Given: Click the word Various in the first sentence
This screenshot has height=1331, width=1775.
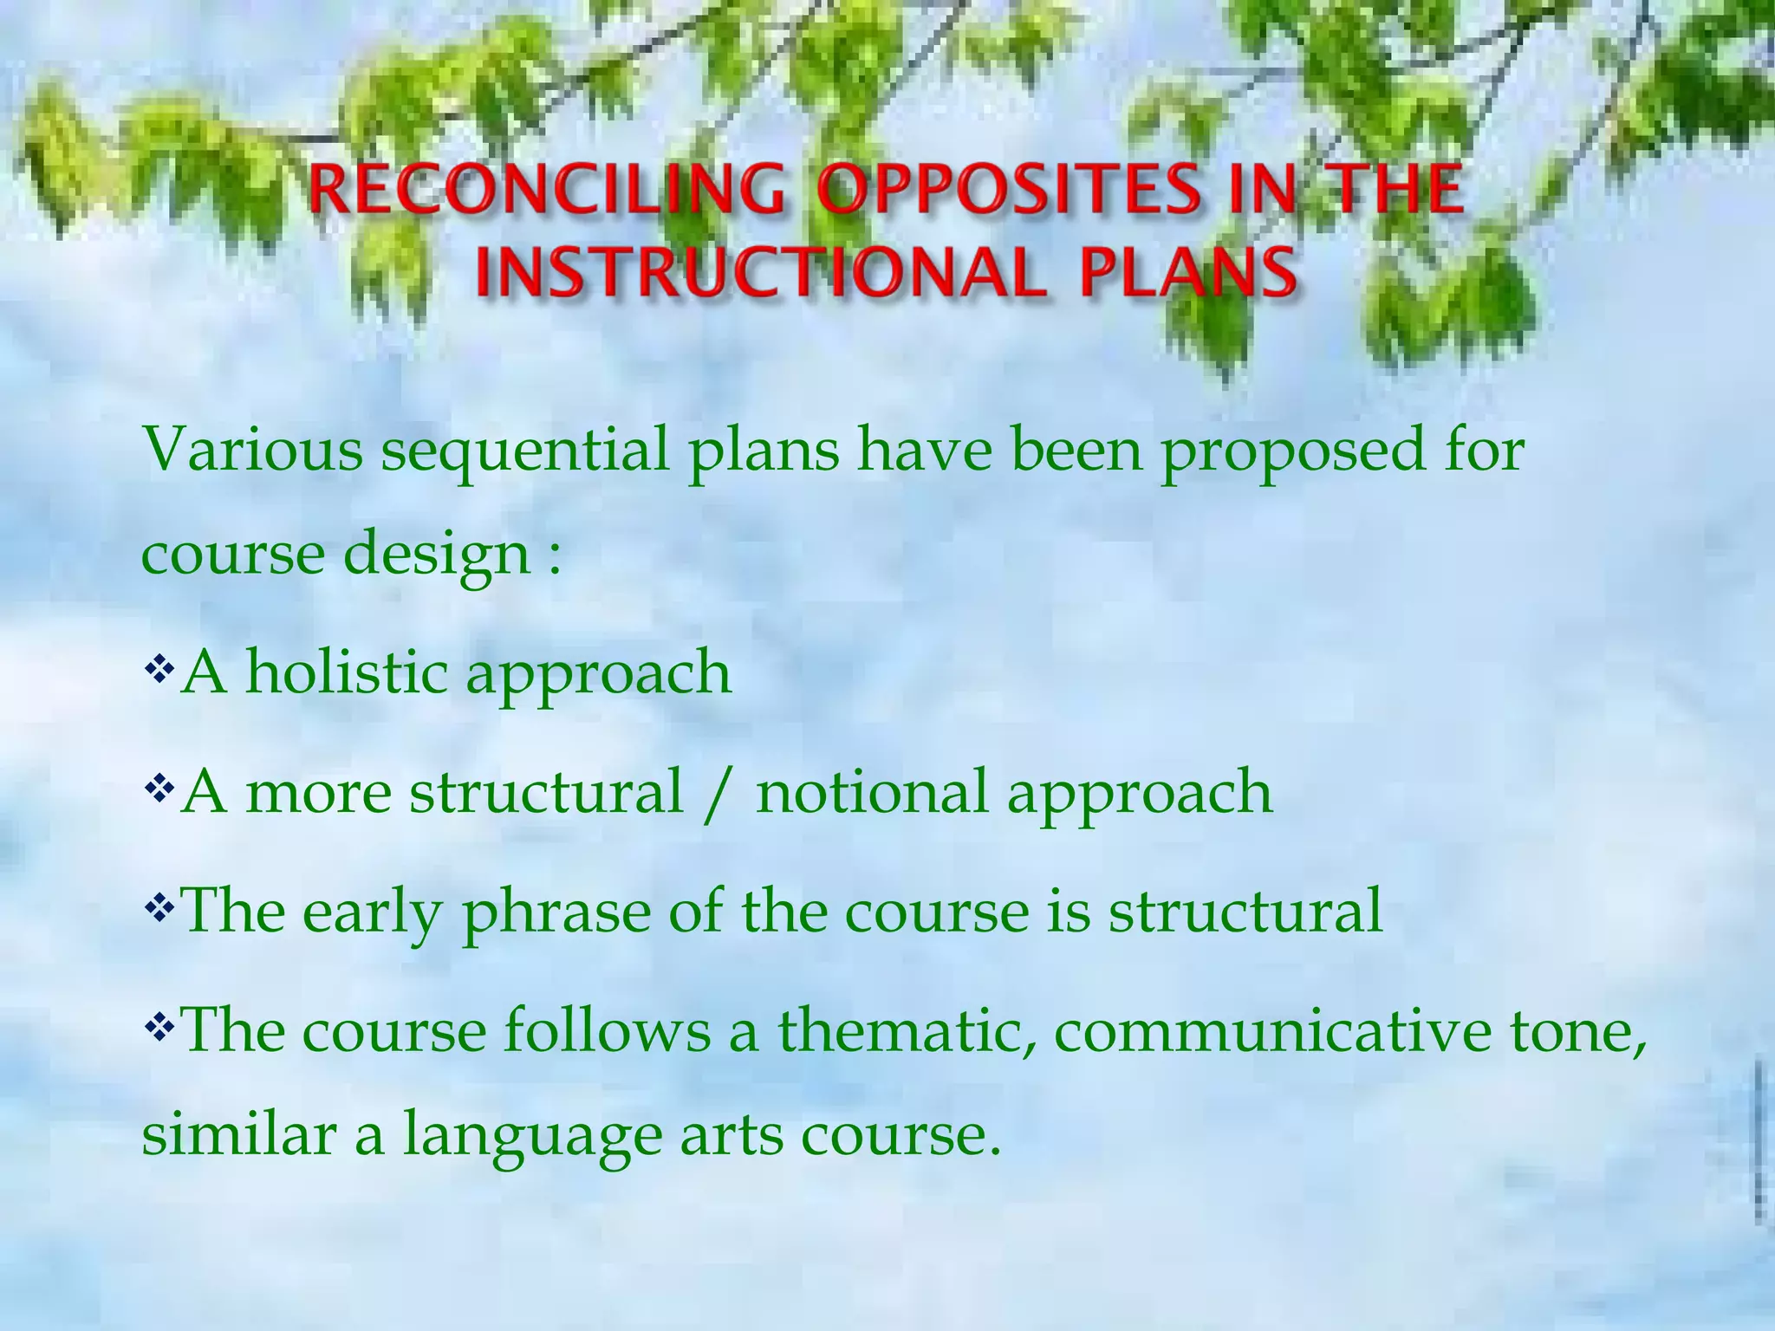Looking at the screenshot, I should [x=252, y=451].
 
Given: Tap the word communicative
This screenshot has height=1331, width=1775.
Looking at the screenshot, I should [x=1272, y=1032].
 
